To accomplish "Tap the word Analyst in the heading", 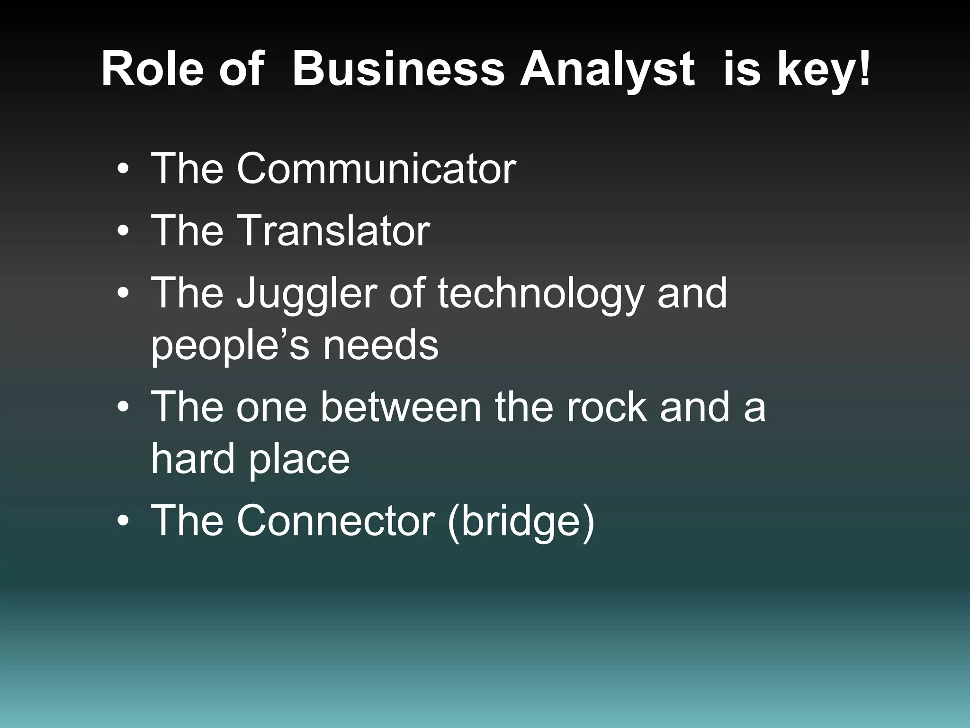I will (x=608, y=71).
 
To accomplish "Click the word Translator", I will (x=333, y=230).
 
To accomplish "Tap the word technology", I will (x=541, y=295).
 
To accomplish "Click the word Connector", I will (x=335, y=520).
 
